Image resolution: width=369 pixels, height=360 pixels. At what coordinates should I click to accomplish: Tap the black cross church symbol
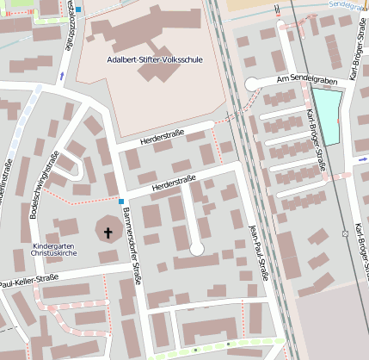coord(108,232)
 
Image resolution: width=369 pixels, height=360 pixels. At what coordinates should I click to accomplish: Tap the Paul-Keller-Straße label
coord(28,280)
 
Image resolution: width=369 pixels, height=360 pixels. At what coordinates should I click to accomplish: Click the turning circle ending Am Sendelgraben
coord(252,84)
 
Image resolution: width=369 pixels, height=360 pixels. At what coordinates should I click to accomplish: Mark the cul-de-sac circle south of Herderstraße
coord(197,248)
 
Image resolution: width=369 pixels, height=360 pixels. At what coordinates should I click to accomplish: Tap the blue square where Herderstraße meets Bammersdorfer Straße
coord(122,201)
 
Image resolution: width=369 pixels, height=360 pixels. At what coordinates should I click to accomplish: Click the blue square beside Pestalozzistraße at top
coord(78,9)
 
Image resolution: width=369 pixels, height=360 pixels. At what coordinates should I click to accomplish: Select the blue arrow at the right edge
coord(363,159)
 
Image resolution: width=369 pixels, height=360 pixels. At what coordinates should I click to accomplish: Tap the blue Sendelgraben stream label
coord(348,4)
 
